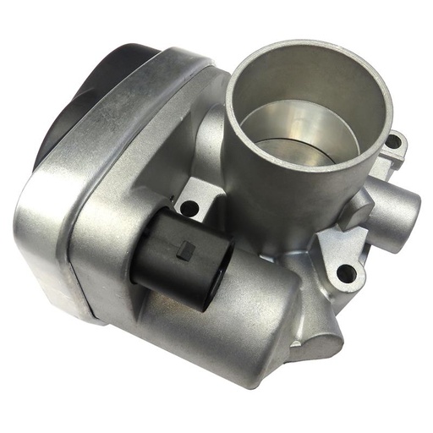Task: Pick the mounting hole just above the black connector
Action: click(x=189, y=206)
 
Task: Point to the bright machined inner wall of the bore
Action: click(x=279, y=118)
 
